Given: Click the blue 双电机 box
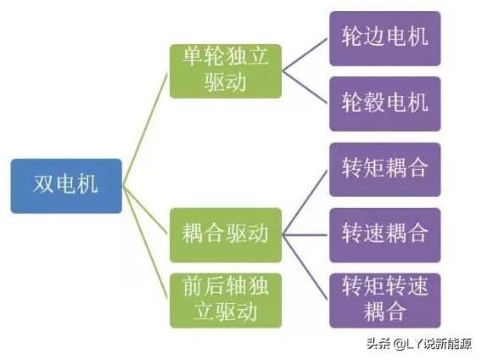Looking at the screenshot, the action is [x=66, y=186].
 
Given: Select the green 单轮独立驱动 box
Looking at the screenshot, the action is [x=226, y=71].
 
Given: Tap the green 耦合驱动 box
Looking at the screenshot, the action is [x=226, y=235].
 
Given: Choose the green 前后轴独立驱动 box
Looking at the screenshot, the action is [x=226, y=301].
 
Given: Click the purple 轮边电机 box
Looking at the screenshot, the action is [x=385, y=39].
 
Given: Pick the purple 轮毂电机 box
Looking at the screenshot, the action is [x=385, y=104].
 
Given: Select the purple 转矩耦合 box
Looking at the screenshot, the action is [x=385, y=170].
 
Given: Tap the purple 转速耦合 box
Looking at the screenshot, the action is [x=385, y=235].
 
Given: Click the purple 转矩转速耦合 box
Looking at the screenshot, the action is [x=385, y=301].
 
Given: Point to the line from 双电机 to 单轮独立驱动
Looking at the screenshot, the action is [x=145, y=129].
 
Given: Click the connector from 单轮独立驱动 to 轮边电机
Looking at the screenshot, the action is [x=305, y=55].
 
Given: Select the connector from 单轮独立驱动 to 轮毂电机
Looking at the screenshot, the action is [x=305, y=88].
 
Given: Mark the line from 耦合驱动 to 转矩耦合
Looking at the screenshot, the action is [x=305, y=203].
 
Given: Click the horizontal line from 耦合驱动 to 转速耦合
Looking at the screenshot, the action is [x=305, y=235].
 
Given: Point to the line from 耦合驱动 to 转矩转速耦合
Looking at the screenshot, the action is [x=305, y=267].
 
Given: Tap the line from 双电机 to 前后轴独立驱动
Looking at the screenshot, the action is [x=145, y=242].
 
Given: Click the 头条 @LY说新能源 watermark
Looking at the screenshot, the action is [x=419, y=343].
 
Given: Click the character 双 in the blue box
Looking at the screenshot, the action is [x=43, y=184].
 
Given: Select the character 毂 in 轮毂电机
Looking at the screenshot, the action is [x=373, y=102].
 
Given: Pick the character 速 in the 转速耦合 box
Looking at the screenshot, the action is [x=373, y=233].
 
